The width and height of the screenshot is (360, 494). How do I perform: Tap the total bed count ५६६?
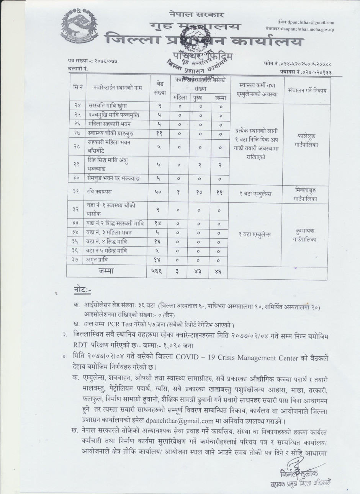[x=157, y=272]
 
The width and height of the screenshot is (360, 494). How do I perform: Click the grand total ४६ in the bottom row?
[x=221, y=272]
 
